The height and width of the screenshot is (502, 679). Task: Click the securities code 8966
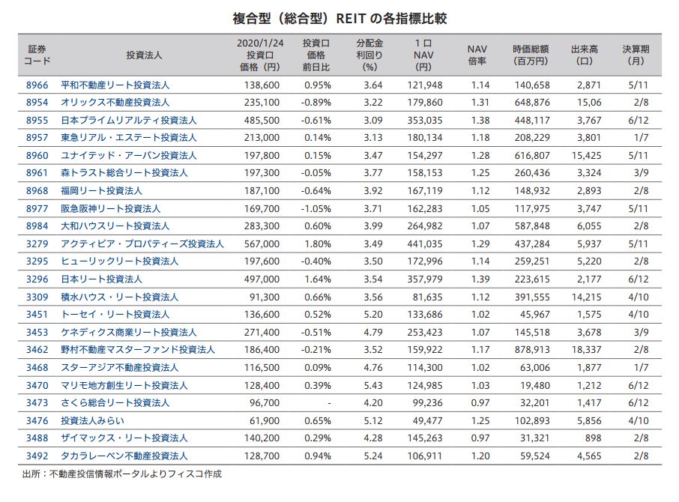click(x=37, y=85)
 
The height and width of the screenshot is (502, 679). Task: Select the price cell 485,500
click(x=262, y=120)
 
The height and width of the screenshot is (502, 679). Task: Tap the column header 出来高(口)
click(x=584, y=55)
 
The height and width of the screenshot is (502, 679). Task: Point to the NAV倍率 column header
click(x=477, y=55)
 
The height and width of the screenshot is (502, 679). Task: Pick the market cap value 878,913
click(x=531, y=350)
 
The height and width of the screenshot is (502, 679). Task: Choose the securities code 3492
click(x=37, y=456)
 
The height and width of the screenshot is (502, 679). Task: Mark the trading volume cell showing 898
click(x=592, y=438)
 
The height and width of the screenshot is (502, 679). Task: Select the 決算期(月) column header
click(x=636, y=55)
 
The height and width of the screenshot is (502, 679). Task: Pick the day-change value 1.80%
click(x=318, y=244)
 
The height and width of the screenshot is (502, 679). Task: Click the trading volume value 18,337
click(x=585, y=350)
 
